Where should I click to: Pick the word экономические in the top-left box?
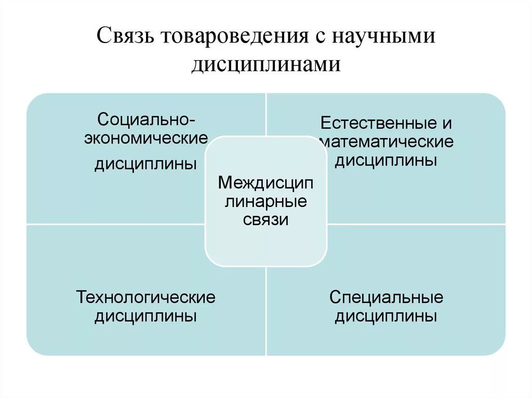click(146, 140)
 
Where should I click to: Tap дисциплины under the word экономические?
click(145, 164)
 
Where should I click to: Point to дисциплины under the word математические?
click(385, 160)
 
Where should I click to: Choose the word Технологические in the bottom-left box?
click(145, 297)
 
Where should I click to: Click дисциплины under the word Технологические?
click(145, 316)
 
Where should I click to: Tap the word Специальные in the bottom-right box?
click(386, 297)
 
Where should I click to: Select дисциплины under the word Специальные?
click(385, 316)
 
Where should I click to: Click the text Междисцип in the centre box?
click(265, 183)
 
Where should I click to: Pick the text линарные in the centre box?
click(265, 201)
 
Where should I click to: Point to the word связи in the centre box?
click(265, 219)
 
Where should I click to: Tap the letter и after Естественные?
click(447, 124)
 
